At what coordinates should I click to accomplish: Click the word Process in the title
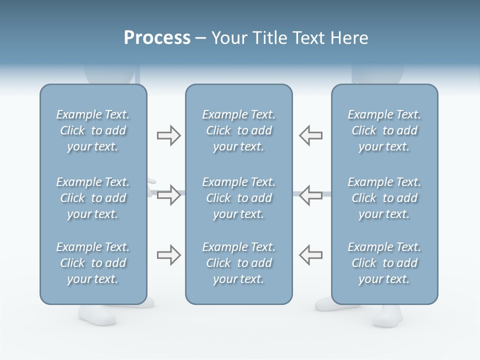coord(157,38)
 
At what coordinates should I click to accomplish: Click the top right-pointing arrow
coord(168,135)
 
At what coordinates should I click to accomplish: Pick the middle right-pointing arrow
coord(168,195)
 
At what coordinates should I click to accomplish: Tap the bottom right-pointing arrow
coord(168,255)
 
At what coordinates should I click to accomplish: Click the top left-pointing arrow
coord(311,135)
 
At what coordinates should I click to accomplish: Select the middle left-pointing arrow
coord(311,195)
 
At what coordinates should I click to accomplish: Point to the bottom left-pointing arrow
coord(311,255)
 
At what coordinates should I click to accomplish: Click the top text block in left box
coord(93,130)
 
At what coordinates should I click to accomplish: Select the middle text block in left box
coord(93,198)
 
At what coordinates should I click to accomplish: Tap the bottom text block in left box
coord(93,263)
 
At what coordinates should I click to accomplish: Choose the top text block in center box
coord(238,130)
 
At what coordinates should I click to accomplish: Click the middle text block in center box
coord(238,198)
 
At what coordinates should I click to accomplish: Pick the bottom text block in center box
coord(238,263)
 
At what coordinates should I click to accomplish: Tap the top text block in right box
coord(384,130)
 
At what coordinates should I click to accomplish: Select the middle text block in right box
coord(384,198)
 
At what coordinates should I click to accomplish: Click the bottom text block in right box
coord(384,263)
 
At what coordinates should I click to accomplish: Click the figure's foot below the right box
coord(387,316)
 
